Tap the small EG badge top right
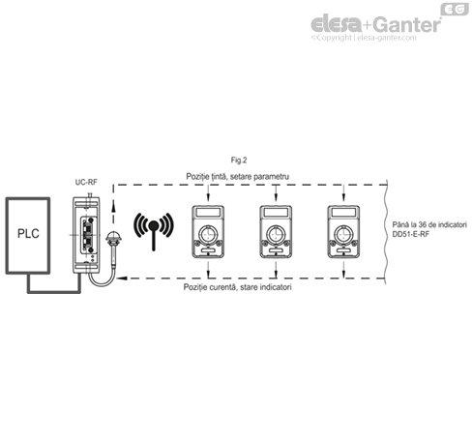(453, 9)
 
